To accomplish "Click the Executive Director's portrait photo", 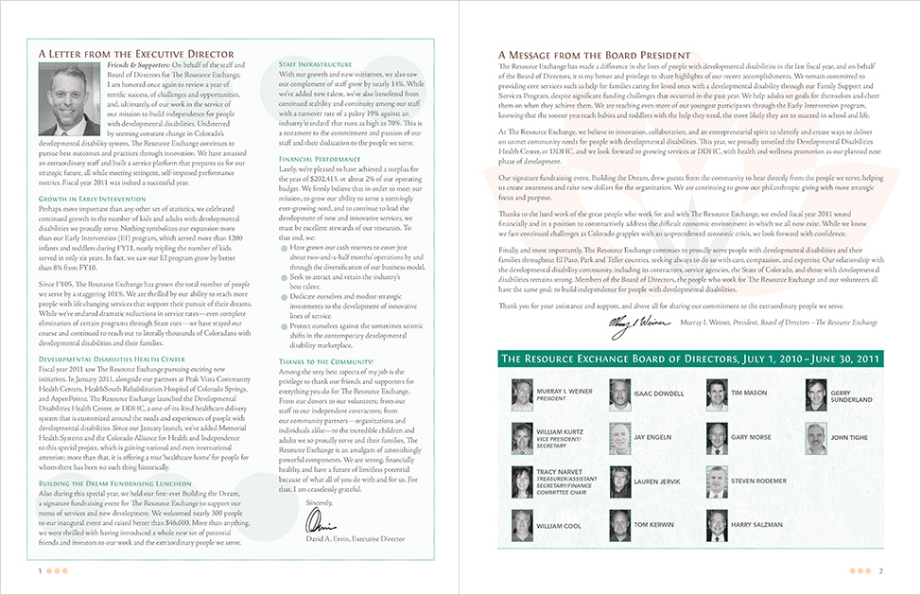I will point(64,100).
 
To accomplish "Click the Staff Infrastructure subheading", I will point(316,63).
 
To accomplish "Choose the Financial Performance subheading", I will point(320,160).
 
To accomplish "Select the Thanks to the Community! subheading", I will point(326,361).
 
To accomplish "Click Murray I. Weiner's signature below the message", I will point(639,324).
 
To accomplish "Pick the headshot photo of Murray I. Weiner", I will point(521,394).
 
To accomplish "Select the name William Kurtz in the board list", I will point(559,433).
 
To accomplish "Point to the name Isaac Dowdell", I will point(658,393).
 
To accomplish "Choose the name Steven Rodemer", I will point(758,481).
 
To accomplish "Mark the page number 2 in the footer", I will point(880,571).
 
